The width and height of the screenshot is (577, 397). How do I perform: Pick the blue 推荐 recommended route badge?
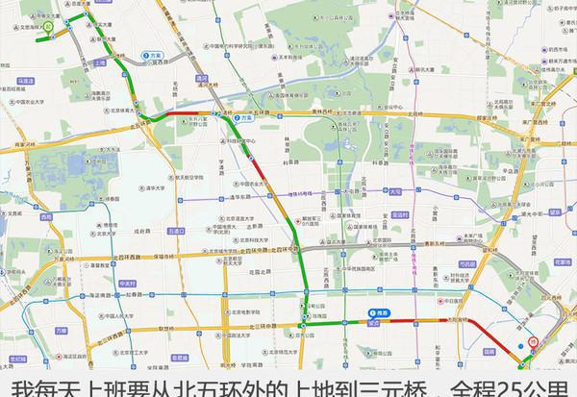(x=377, y=314)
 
